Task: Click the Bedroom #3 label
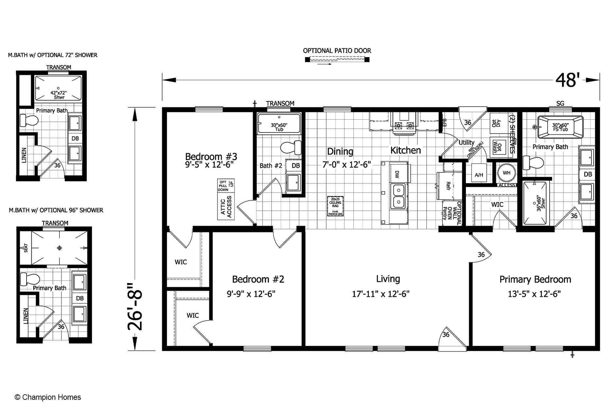pyautogui.click(x=211, y=156)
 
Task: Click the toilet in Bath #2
pyautogui.click(x=291, y=148)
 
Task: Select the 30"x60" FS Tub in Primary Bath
pyautogui.click(x=560, y=127)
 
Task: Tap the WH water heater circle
pyautogui.click(x=506, y=173)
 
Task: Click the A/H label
pyautogui.click(x=479, y=175)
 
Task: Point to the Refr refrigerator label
pyautogui.click(x=448, y=186)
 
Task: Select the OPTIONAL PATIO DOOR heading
pyautogui.click(x=337, y=51)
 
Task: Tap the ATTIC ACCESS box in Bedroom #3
pyautogui.click(x=226, y=207)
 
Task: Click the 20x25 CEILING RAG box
pyautogui.click(x=335, y=206)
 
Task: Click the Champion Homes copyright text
pyautogui.click(x=48, y=397)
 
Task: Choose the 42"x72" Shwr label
pyautogui.click(x=58, y=95)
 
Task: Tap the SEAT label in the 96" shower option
pyautogui.click(x=26, y=248)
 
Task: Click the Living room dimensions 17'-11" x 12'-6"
pyautogui.click(x=381, y=294)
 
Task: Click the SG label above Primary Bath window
pyautogui.click(x=560, y=103)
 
